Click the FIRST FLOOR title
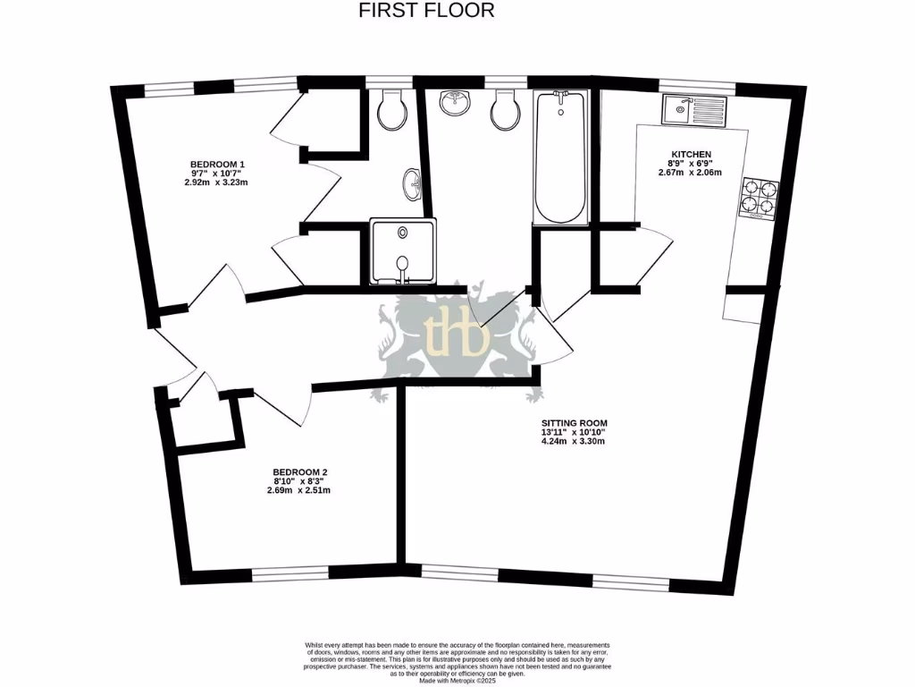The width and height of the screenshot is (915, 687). [426, 11]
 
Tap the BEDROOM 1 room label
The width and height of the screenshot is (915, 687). [217, 164]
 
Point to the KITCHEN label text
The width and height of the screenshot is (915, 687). [691, 155]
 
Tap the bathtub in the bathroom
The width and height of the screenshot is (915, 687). [560, 157]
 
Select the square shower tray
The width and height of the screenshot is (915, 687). [401, 251]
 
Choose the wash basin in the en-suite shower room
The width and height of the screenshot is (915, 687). [413, 184]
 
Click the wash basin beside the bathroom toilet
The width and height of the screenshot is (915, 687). [457, 103]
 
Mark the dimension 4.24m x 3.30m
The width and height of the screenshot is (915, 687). [574, 441]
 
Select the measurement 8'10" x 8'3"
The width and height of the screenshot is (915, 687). [298, 480]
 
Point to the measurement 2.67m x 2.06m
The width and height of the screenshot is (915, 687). [690, 174]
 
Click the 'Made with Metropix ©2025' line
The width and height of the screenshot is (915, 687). [457, 680]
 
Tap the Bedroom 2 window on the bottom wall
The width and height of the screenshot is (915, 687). [290, 573]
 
